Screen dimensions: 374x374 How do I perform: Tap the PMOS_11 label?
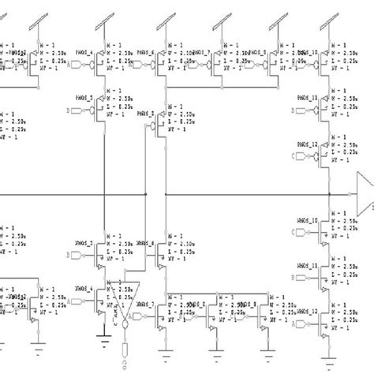(x=307, y=99)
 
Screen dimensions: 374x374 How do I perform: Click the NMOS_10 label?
(x=307, y=220)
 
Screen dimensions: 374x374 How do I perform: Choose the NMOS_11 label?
(x=307, y=266)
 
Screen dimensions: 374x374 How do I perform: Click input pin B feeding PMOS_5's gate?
(x=69, y=110)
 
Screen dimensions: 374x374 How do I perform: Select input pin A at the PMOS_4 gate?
(x=69, y=62)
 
